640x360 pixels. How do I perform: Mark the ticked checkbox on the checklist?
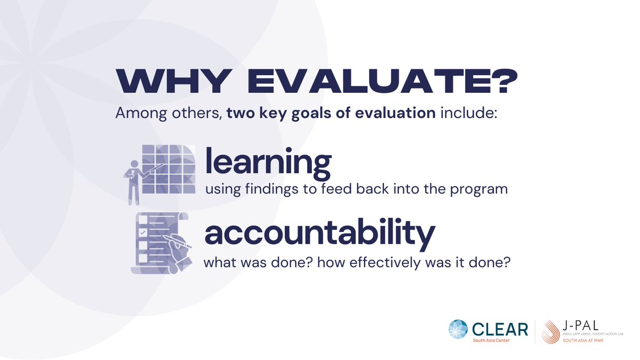[142, 233]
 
